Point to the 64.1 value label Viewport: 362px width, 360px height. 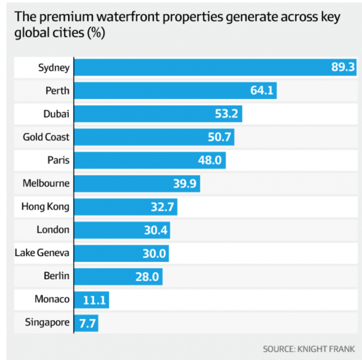click(262, 91)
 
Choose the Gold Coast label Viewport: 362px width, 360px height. click(46, 137)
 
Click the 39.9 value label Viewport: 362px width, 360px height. click(185, 183)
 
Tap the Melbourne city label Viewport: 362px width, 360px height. click(46, 183)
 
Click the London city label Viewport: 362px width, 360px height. click(53, 230)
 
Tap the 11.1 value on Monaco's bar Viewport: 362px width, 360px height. click(95, 299)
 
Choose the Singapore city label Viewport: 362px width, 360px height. click(47, 323)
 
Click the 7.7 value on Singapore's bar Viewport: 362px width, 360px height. click(87, 323)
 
